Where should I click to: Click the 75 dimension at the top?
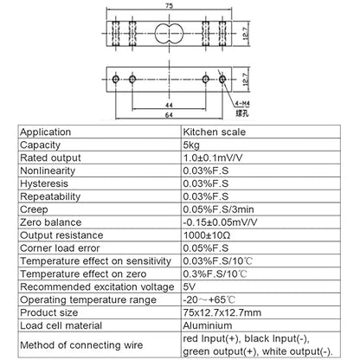point(169,6)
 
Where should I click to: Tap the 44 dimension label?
point(169,106)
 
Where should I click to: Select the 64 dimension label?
point(169,115)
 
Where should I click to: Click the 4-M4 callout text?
point(242,104)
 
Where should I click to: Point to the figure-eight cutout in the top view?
point(169,34)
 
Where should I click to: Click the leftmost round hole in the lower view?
point(116,79)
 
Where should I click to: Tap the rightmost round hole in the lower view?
point(222,79)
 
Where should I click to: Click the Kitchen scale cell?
point(215,132)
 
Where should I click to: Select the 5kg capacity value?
point(191,145)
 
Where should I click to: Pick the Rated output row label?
point(50,157)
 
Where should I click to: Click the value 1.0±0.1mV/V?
point(213,157)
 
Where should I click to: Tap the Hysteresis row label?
point(44,183)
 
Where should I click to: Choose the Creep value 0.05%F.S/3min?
point(218,209)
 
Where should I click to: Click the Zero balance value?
point(220,222)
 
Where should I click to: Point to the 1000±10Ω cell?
point(207,235)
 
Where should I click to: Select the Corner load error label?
point(60,248)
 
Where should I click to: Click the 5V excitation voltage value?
point(190,286)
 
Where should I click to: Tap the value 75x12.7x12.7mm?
point(222,312)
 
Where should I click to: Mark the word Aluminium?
point(208,325)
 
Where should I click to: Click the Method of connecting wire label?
point(81,345)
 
